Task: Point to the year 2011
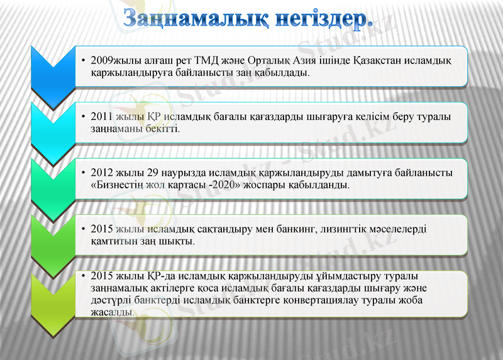point(102,117)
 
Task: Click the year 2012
point(102,173)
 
